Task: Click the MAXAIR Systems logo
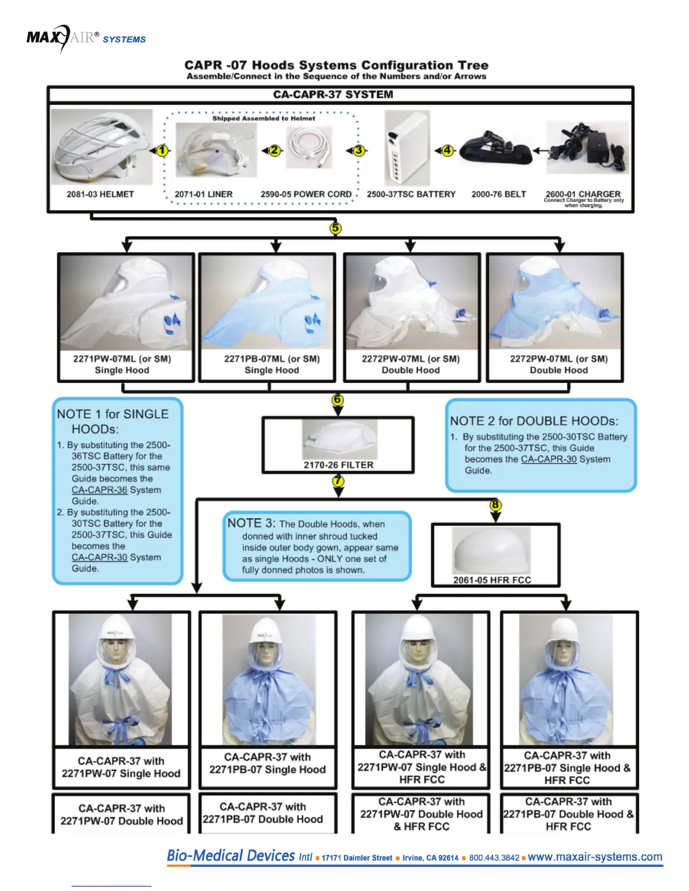[86, 38]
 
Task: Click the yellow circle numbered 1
[163, 150]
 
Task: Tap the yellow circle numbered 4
[448, 150]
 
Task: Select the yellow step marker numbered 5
[335, 228]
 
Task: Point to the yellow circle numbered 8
[495, 505]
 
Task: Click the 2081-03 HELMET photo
[102, 147]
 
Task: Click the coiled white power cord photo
[309, 147]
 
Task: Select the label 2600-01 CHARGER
[583, 193]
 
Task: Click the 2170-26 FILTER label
[338, 465]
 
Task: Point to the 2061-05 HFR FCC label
[492, 580]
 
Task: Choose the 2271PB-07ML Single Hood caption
[272, 364]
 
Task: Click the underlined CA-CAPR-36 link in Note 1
[99, 490]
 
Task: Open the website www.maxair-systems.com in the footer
[595, 857]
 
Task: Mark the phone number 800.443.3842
[494, 858]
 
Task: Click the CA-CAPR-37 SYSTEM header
[333, 94]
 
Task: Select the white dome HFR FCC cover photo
[492, 551]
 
